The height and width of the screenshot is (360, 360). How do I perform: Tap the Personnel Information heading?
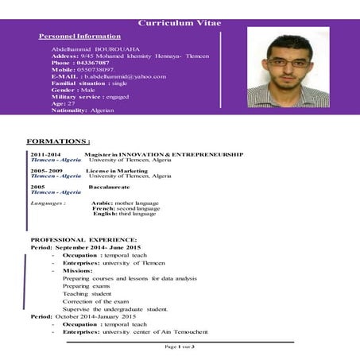point(79,37)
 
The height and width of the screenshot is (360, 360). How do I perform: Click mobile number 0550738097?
point(98,70)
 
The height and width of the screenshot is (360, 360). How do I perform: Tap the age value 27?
point(71,103)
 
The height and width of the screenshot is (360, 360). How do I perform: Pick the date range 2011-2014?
point(45,154)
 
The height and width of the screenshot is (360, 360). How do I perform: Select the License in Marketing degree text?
point(118,171)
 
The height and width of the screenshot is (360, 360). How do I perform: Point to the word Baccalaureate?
point(109,187)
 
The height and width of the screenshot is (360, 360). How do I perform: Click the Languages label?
point(47,203)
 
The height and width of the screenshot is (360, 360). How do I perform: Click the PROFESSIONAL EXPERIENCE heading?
point(83,239)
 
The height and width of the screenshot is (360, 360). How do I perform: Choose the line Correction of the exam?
point(95,301)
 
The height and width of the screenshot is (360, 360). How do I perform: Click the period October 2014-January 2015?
point(103,316)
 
